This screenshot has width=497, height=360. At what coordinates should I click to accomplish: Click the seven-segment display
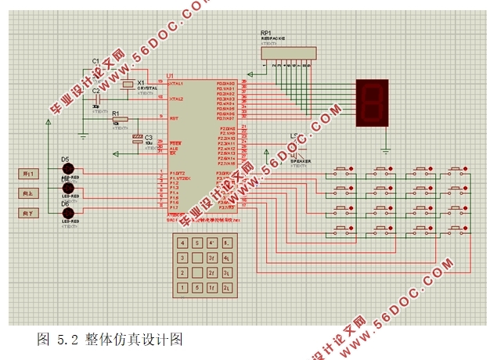pyautogui.click(x=372, y=103)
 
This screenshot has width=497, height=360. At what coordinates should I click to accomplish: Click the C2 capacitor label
pyautogui.click(x=96, y=91)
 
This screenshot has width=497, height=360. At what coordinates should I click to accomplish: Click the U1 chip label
pyautogui.click(x=170, y=76)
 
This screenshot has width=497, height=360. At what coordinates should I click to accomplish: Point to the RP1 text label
pyautogui.click(x=266, y=34)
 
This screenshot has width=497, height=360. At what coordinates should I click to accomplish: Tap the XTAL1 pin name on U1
pyautogui.click(x=176, y=84)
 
